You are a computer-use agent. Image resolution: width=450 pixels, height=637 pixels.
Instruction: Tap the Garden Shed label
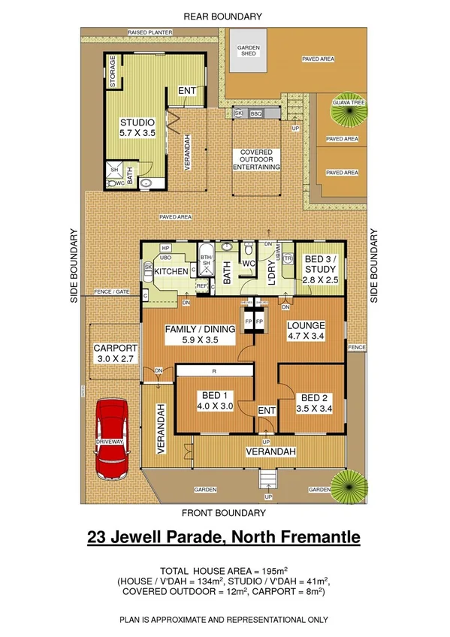pyautogui.click(x=249, y=50)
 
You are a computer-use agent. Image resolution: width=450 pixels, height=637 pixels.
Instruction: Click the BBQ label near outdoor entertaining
pyautogui.click(x=255, y=113)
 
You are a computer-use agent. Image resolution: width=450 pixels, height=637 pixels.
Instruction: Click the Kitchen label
pyautogui.click(x=171, y=271)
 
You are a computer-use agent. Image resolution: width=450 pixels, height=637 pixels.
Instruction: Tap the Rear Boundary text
pyautogui.click(x=224, y=16)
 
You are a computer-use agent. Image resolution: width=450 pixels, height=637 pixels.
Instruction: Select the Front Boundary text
pyautogui.click(x=224, y=513)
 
